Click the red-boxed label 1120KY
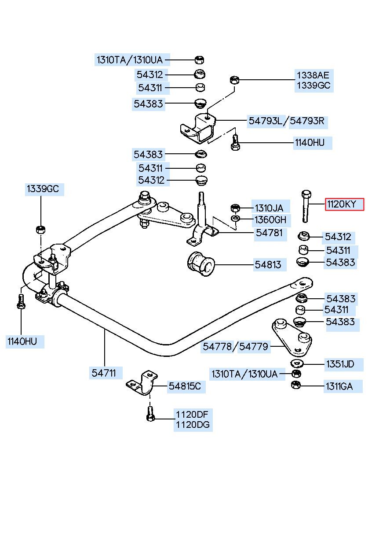344,204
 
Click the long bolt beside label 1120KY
306,207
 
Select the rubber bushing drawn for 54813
201,264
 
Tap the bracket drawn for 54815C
142,383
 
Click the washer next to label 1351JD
297,363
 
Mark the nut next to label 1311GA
296,385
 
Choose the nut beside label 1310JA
235,208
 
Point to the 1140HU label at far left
22,341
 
